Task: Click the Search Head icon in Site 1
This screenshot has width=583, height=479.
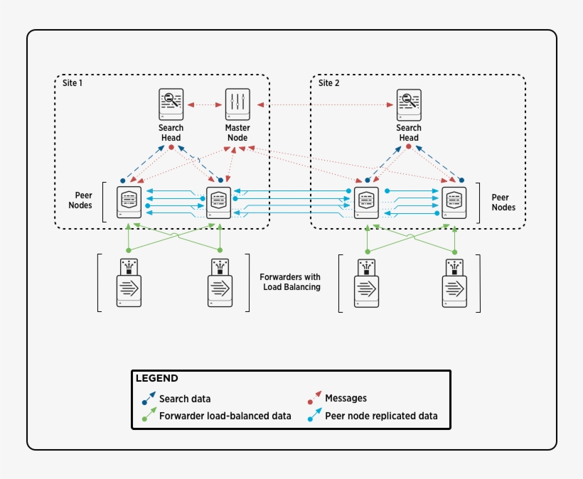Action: click(171, 104)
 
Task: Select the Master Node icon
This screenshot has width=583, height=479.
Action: click(237, 104)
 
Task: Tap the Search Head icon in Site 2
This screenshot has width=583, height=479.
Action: click(409, 104)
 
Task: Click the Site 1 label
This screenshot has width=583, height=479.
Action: click(72, 83)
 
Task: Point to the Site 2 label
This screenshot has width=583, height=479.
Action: click(328, 83)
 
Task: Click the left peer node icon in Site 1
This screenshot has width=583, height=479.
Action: click(129, 203)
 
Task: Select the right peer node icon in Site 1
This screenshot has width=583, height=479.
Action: click(219, 203)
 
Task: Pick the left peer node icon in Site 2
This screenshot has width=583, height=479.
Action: click(366, 203)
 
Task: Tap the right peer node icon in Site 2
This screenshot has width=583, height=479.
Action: click(454, 203)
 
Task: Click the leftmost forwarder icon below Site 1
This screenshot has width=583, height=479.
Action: click(129, 284)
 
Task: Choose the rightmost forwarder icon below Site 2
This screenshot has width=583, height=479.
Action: click(455, 284)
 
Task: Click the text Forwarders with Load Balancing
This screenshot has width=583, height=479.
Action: click(290, 282)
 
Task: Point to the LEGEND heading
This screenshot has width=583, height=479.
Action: click(156, 379)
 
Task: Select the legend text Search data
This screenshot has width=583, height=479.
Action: click(184, 399)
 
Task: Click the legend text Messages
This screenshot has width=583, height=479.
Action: click(346, 399)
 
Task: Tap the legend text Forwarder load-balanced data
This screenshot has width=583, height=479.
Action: click(225, 416)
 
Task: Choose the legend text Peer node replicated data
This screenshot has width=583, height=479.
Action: click(381, 416)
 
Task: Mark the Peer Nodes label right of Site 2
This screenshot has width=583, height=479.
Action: click(503, 203)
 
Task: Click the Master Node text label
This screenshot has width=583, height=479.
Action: click(237, 133)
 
